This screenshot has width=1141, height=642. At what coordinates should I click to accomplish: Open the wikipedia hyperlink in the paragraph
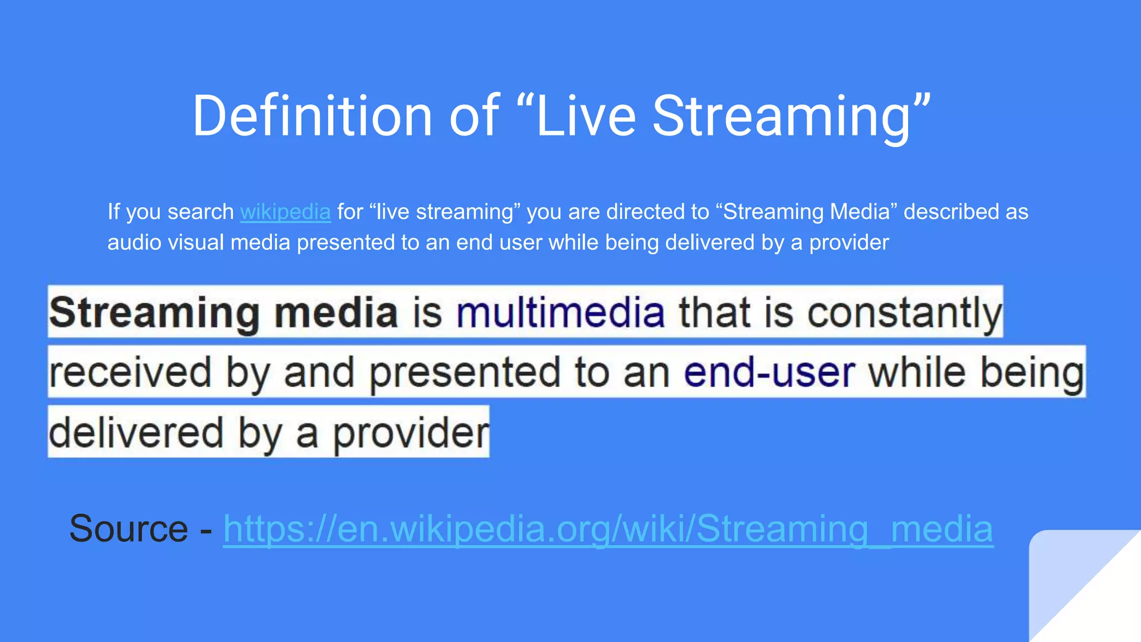pyautogui.click(x=285, y=212)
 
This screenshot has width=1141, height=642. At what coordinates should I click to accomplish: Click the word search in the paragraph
pyautogui.click(x=201, y=212)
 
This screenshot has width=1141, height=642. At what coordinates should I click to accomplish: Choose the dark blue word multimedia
pyautogui.click(x=560, y=313)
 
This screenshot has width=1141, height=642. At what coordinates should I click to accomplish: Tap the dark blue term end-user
pyautogui.click(x=769, y=372)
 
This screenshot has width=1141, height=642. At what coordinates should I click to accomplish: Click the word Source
pyautogui.click(x=129, y=528)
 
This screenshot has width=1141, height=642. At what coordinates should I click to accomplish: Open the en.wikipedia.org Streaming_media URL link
pyautogui.click(x=608, y=528)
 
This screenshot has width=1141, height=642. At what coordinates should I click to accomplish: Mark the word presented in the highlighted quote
pyautogui.click(x=465, y=372)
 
